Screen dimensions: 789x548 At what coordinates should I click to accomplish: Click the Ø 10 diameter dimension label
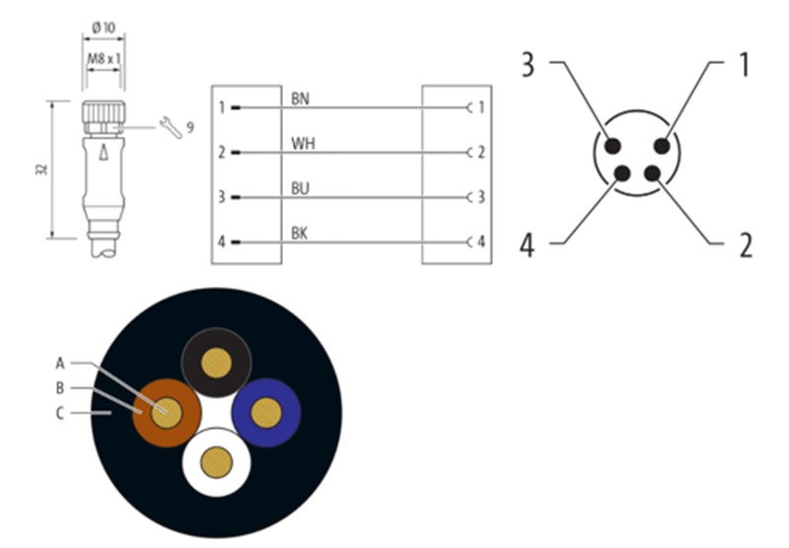(x=104, y=28)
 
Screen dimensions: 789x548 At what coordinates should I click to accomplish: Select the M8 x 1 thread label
(x=105, y=59)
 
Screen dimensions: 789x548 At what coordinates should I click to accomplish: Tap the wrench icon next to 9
(x=171, y=127)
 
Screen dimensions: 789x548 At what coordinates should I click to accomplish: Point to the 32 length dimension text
(x=42, y=170)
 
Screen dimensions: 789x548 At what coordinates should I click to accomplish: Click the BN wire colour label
(x=300, y=99)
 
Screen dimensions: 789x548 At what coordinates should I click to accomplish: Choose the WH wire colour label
(x=303, y=143)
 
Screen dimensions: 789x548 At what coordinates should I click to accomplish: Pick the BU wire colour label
(x=300, y=188)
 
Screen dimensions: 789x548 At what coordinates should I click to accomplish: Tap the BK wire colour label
(x=300, y=234)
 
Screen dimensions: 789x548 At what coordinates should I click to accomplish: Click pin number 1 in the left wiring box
(x=222, y=107)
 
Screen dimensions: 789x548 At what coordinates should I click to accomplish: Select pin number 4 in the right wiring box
(x=481, y=241)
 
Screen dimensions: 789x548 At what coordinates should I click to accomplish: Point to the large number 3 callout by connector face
(x=528, y=65)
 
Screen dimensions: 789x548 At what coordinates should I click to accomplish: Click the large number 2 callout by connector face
(x=746, y=245)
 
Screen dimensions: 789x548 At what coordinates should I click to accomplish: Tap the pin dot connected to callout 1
(x=662, y=146)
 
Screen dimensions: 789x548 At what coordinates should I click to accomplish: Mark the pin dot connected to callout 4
(x=622, y=173)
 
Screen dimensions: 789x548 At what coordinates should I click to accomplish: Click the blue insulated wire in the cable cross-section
(x=266, y=413)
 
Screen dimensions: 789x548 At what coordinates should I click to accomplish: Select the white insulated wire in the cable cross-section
(x=216, y=462)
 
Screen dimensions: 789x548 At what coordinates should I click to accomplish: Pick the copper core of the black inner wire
(x=216, y=363)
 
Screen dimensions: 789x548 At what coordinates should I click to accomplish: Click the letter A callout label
(x=60, y=363)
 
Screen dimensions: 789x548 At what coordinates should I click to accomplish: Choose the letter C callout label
(x=60, y=413)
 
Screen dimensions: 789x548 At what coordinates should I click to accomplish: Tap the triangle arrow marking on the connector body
(x=104, y=152)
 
